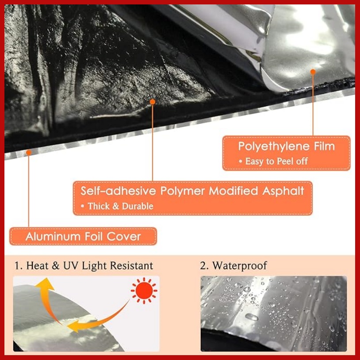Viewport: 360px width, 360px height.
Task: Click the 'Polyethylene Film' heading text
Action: [x=286, y=146]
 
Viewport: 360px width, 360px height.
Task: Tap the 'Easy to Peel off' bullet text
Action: [x=276, y=161]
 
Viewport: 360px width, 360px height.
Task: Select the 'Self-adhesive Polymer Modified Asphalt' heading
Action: [x=192, y=191]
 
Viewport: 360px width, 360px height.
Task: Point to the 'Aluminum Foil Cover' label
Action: [x=83, y=236]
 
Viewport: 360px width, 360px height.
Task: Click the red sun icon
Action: [x=144, y=291]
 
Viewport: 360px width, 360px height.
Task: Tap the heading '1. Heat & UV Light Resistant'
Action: [x=84, y=266]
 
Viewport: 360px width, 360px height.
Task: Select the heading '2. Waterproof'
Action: [x=234, y=266]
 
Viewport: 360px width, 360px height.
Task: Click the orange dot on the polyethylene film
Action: [x=313, y=72]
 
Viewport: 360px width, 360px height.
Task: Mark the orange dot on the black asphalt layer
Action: [x=153, y=102]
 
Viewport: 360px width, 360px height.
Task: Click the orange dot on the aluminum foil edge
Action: [x=29, y=152]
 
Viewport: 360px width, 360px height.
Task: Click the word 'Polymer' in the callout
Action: [x=184, y=191]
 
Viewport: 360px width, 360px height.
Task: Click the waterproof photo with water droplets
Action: [x=273, y=314]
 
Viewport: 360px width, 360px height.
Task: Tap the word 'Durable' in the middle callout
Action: [x=137, y=206]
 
